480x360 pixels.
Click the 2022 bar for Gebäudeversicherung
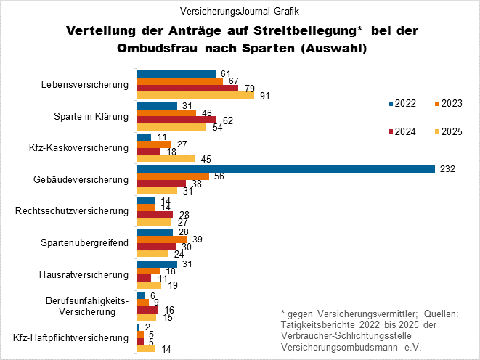click(x=286, y=169)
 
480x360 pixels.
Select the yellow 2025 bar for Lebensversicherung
click(x=195, y=95)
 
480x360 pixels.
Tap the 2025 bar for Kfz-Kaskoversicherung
click(x=166, y=158)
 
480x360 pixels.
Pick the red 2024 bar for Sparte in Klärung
click(x=176, y=119)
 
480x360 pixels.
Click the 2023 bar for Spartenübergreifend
click(x=162, y=239)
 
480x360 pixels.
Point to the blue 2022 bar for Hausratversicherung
click(x=157, y=263)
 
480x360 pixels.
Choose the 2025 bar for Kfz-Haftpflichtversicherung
click(x=146, y=348)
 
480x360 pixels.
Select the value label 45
click(x=206, y=159)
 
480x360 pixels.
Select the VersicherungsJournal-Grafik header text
click(x=239, y=12)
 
